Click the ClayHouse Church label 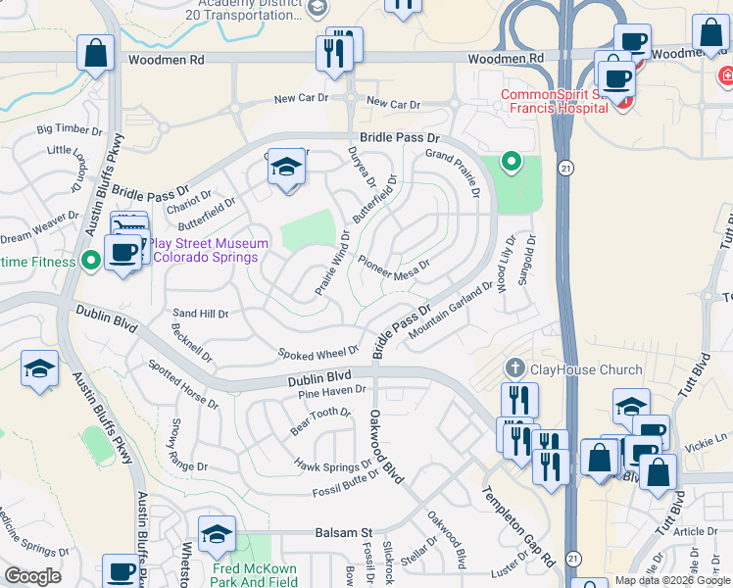586,369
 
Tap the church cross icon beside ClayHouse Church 515,368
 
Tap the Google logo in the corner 33,575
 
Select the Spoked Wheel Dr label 318,353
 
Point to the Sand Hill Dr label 200,315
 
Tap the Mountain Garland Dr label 452,312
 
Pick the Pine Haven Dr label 331,392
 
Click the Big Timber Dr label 70,129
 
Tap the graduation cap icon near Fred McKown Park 217,535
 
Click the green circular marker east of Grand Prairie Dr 510,161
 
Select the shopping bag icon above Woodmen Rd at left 96,54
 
